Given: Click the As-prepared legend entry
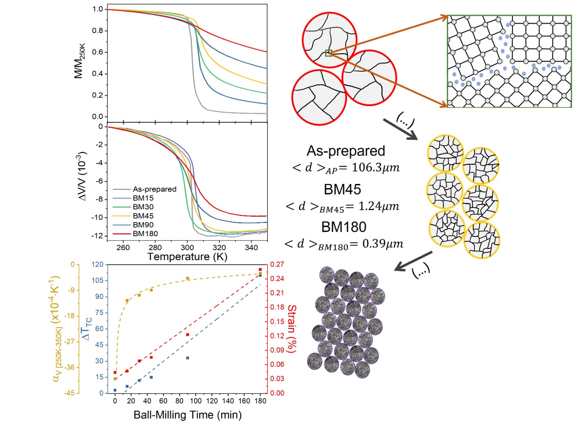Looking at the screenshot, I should point(154,189).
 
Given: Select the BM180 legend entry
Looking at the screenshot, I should point(145,234).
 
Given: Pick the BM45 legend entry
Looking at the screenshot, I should point(143,216).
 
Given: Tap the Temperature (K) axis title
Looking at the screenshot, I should point(187,257).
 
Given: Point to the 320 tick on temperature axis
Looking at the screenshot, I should point(219,248).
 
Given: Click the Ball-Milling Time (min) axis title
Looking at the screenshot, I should point(187,415).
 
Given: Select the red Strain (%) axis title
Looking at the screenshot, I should point(292,329).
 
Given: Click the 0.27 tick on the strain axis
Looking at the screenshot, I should point(277,264).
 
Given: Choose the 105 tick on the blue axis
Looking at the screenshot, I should point(98,281).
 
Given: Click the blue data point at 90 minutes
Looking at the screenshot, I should point(187,358).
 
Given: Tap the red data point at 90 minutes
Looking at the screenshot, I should point(187,335).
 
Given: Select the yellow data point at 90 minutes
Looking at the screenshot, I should point(187,278).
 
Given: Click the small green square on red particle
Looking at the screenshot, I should point(329,53).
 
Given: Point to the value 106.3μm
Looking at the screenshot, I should point(375,167).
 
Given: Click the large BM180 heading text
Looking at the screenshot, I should point(344,227).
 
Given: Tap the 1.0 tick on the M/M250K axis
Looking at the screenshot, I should point(98,9).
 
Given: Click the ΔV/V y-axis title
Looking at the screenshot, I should point(83,176).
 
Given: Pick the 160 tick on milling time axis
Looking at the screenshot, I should point(244,401).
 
